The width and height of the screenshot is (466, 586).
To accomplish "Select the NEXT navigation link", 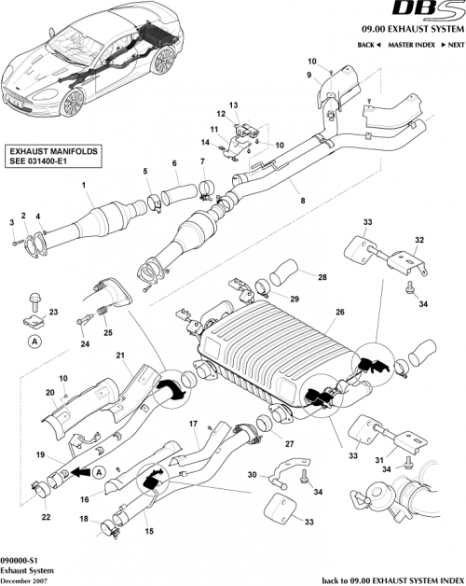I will [452, 45].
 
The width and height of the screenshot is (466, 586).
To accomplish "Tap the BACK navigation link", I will [367, 45].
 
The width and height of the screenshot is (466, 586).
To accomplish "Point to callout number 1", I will [84, 185].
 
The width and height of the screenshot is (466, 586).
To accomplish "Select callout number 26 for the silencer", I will [341, 312].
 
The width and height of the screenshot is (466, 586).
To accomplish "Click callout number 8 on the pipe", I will [300, 201].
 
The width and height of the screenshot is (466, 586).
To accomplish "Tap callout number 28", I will [322, 278].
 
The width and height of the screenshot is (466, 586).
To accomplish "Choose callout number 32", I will [419, 240].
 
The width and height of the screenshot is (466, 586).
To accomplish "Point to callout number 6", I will [173, 164].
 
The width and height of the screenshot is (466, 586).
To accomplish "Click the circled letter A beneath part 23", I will [34, 342].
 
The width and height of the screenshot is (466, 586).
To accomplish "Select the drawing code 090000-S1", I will [21, 554].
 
